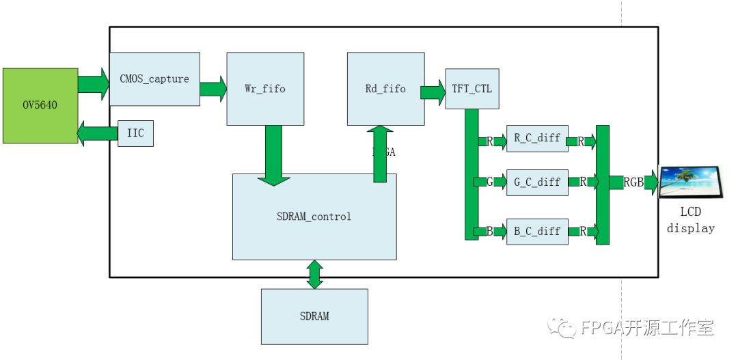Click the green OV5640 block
40,105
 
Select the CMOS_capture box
154,79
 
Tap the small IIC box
135,133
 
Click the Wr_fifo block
264,89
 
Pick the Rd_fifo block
385,89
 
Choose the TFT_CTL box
471,89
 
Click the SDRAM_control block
314,217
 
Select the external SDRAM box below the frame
314,316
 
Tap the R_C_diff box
537,138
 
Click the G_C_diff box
537,182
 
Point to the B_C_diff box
537,231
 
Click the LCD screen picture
689,182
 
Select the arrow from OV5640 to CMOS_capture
94,83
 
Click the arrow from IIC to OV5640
98,133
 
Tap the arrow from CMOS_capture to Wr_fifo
213,89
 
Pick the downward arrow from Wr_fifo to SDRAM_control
273,154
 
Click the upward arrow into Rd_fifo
380,154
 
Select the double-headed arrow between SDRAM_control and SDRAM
314,275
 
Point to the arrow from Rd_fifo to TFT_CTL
433,92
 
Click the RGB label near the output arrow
633,182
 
